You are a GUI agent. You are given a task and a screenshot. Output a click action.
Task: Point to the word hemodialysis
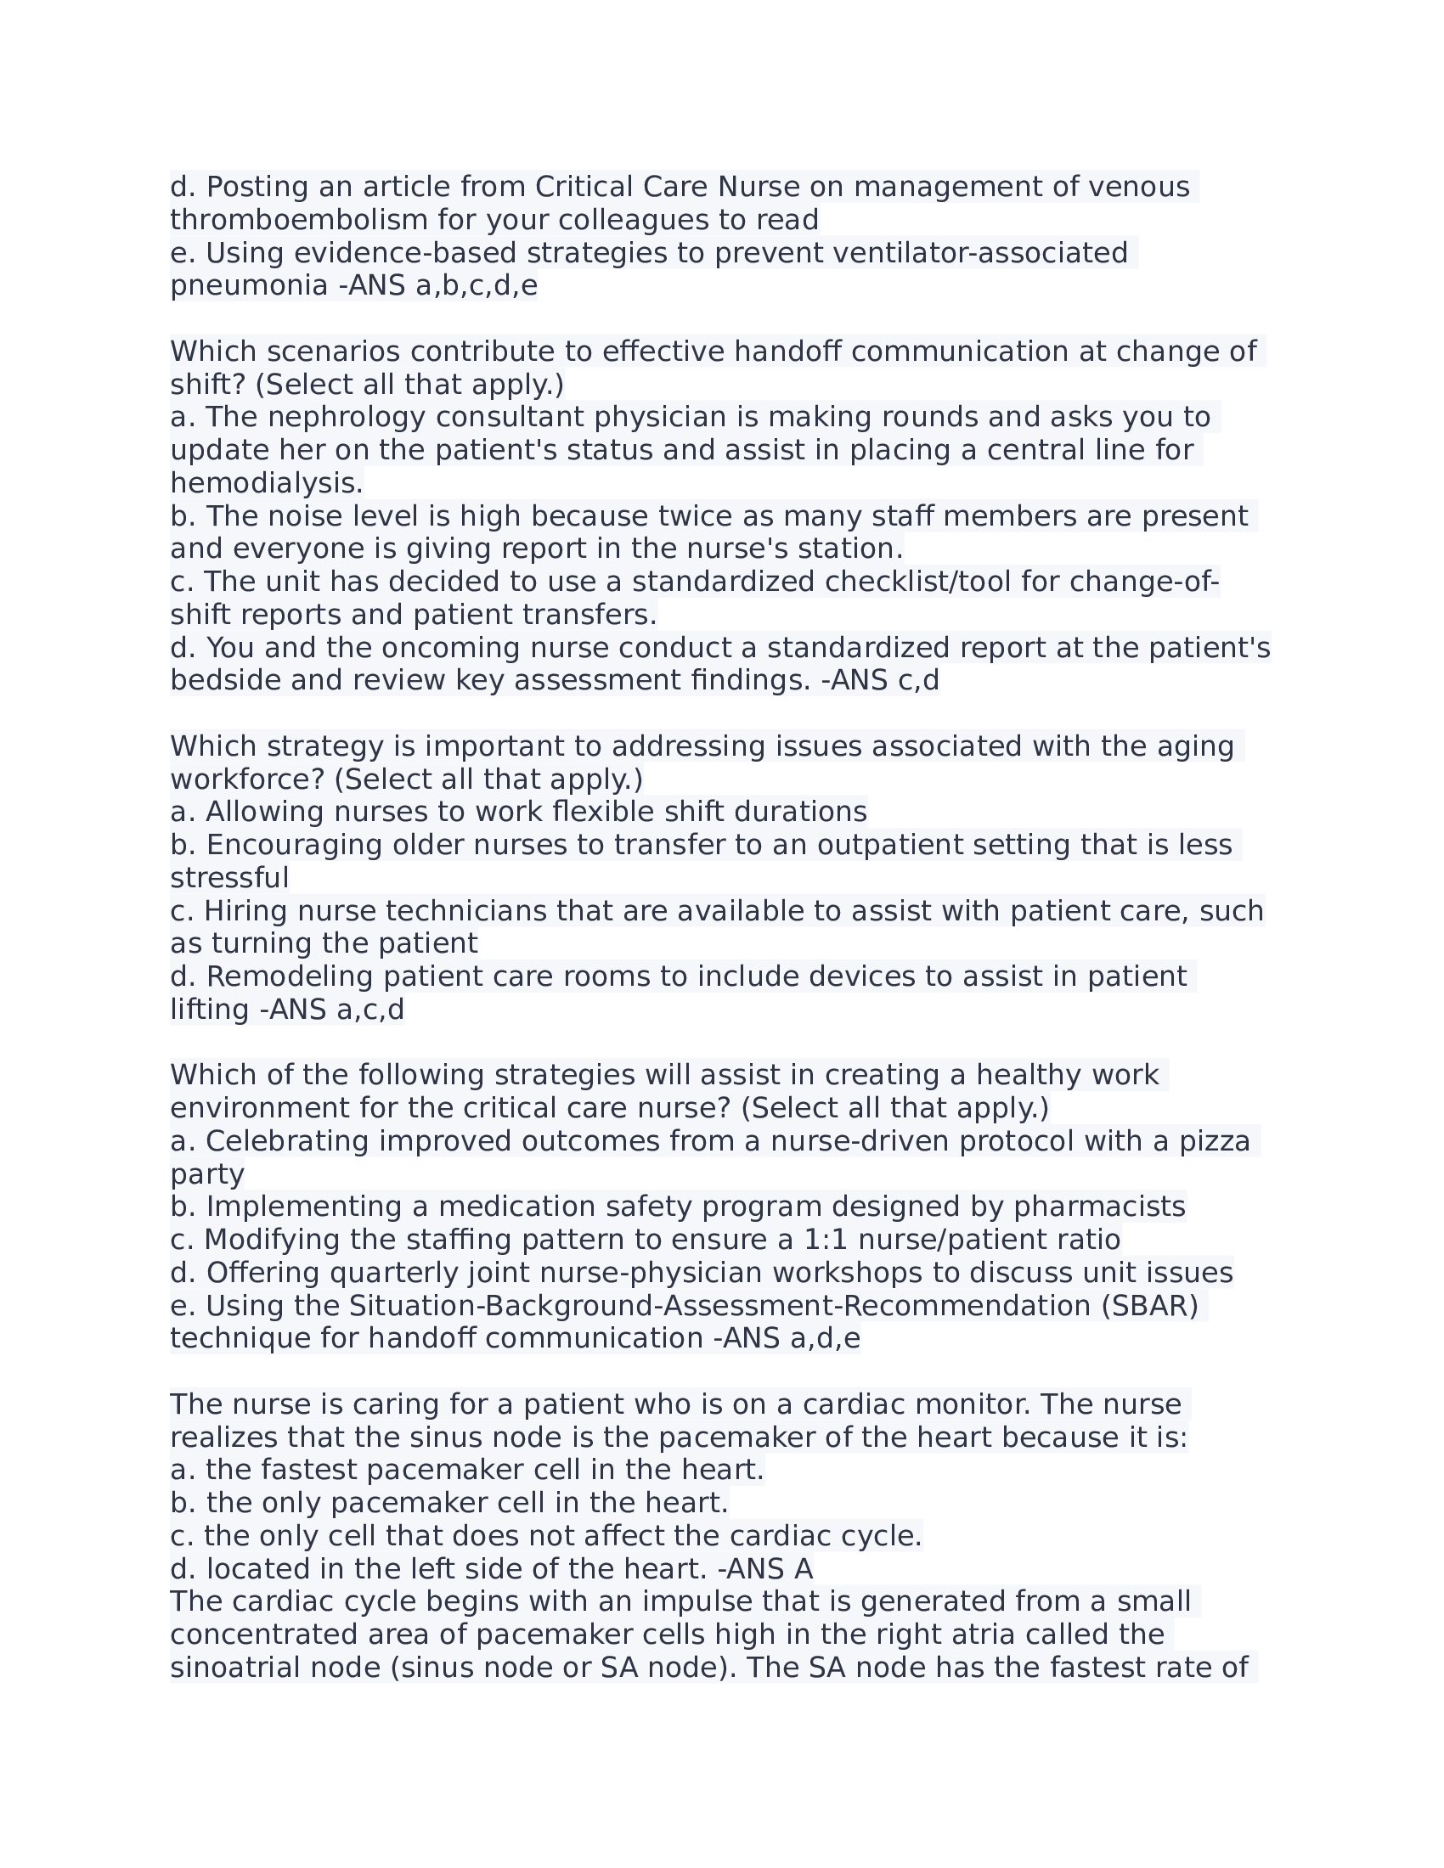pos(266,483)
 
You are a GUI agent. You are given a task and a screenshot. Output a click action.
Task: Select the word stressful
pos(229,878)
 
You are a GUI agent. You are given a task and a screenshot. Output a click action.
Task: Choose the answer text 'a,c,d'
pos(369,1010)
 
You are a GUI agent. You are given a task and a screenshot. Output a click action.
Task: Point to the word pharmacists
pos(1099,1207)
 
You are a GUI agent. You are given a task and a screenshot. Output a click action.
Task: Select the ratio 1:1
pos(824,1240)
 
